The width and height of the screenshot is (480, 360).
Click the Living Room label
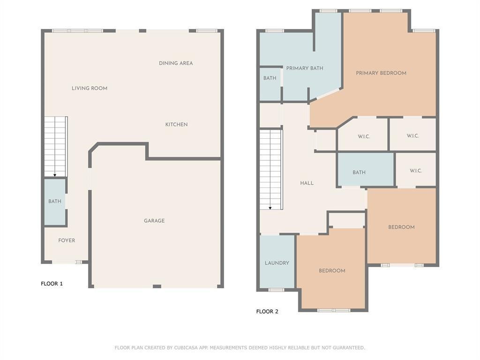pos(90,88)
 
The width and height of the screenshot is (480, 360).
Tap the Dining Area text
pos(176,63)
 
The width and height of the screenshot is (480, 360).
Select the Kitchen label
pos(176,124)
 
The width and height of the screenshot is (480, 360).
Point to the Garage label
pos(154,220)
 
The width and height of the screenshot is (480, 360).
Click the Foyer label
pos(67,240)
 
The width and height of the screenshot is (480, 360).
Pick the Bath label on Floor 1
pos(55,201)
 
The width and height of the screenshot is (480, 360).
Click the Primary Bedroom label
pos(381,73)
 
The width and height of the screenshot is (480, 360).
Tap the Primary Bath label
pos(305,68)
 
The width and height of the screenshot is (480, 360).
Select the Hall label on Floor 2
pos(307,183)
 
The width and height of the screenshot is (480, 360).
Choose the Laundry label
pos(277,263)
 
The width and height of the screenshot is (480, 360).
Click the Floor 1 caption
pos(52,284)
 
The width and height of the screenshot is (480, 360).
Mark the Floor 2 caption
pos(267,311)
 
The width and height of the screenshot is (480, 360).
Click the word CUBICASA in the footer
pos(186,347)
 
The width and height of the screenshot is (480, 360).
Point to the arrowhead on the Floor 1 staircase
pos(55,175)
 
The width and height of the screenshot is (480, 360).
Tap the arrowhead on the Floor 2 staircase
pos(270,208)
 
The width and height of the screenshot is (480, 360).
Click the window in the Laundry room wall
pos(277,290)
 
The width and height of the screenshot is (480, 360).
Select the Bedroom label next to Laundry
pos(332,270)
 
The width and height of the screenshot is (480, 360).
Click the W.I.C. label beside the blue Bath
pos(416,171)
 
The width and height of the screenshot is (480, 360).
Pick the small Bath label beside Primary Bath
pos(270,78)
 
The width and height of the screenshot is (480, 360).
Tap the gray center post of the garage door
pos(157,286)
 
